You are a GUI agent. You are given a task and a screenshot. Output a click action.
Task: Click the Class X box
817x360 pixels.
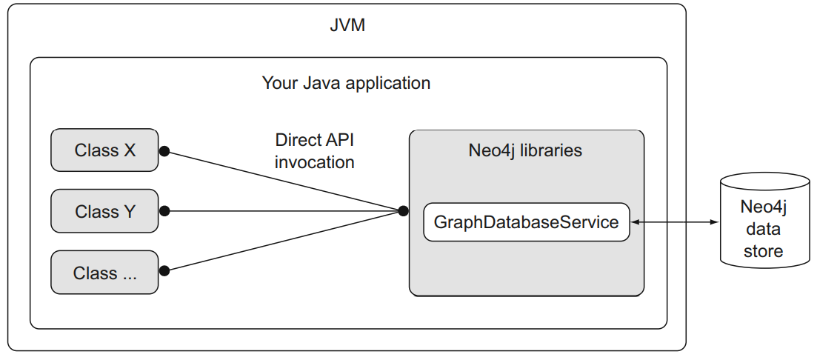[x=104, y=150]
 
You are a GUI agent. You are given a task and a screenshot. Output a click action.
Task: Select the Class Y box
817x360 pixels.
[x=104, y=211]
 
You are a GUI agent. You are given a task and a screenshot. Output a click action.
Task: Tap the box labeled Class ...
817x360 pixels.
[x=104, y=273]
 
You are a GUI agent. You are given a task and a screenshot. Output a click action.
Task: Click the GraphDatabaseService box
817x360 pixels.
[x=526, y=222]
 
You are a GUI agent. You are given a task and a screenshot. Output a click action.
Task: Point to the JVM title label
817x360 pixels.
[x=347, y=27]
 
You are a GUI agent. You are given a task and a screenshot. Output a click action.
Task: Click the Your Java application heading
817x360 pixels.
[x=346, y=82]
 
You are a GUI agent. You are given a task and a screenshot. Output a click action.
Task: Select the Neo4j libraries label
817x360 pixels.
[x=525, y=150]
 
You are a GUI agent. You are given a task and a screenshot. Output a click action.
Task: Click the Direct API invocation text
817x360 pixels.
[x=315, y=151]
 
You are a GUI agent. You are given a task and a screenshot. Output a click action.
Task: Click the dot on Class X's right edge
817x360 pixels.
[x=164, y=151]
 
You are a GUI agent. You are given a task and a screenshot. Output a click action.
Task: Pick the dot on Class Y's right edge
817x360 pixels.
[x=164, y=211]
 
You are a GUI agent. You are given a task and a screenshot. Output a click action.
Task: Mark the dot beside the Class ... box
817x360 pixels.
[x=164, y=271]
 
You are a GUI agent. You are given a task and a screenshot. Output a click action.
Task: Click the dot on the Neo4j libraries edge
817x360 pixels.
[x=403, y=211]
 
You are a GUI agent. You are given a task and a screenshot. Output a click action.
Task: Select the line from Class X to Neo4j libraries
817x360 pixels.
[x=281, y=181]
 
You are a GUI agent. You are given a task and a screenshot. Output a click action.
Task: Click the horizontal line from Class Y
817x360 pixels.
[x=281, y=211]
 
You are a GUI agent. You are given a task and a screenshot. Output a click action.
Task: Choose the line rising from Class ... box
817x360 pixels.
[x=281, y=241]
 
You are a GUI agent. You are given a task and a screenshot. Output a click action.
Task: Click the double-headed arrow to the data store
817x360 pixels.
[x=674, y=222]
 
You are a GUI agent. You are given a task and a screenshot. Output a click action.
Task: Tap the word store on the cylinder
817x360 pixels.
[x=763, y=251]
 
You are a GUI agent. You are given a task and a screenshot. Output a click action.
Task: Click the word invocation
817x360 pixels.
[x=315, y=161]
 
